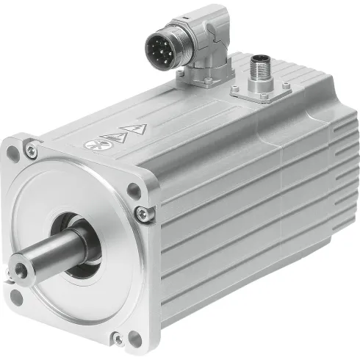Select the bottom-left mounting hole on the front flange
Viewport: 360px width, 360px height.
16,296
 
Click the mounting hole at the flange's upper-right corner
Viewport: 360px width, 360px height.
133,189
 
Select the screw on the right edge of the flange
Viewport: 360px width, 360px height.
142,214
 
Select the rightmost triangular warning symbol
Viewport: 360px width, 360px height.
138,129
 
